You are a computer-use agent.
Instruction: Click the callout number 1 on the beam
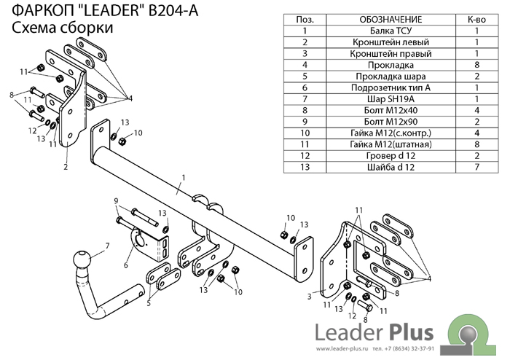(x=184, y=176)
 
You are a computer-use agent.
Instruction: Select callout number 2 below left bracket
(x=66, y=167)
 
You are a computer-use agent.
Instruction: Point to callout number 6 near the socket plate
(x=125, y=265)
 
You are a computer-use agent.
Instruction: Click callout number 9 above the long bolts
(x=115, y=200)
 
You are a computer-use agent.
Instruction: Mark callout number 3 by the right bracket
(x=309, y=297)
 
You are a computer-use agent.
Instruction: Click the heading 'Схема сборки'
(x=62, y=28)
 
